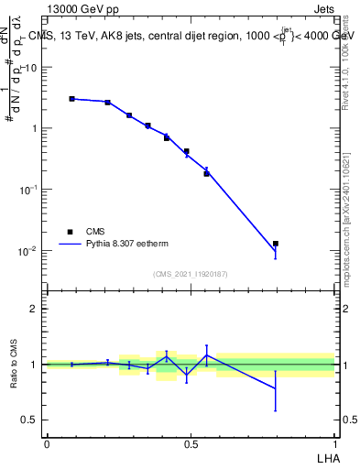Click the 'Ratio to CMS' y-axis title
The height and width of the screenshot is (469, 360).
(14, 365)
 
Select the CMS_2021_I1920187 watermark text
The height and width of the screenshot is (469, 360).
(190, 274)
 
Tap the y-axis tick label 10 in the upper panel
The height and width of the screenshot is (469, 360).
(31, 67)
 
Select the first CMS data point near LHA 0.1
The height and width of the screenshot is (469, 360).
(72, 98)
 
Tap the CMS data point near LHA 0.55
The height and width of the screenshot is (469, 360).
(206, 173)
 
